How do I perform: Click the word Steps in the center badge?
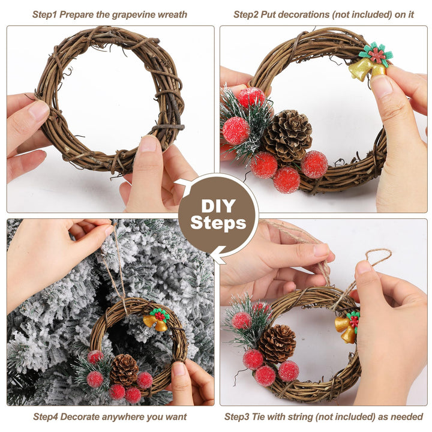(x=218, y=223)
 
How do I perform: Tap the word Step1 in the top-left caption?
(x=44, y=14)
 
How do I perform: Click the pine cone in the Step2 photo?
(x=288, y=136)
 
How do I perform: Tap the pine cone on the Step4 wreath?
(x=124, y=370)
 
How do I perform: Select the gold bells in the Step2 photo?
(x=367, y=70)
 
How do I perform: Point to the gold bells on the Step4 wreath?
(x=155, y=323)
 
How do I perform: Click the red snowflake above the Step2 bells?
(x=376, y=54)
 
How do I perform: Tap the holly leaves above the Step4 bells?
(x=160, y=315)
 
